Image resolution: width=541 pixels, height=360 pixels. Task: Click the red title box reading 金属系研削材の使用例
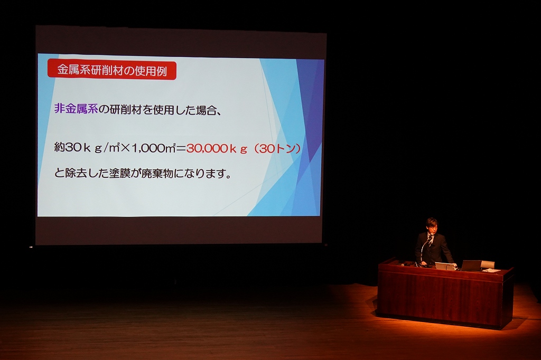[112, 70]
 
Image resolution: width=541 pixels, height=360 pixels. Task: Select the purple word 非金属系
[76, 109]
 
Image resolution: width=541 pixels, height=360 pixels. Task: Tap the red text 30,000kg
[217, 149]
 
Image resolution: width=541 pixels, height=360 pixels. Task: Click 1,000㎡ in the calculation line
[154, 148]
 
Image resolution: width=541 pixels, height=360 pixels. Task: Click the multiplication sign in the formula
[126, 148]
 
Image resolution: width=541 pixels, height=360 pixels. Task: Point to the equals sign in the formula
[181, 149]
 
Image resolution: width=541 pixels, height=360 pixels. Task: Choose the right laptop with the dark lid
[471, 266]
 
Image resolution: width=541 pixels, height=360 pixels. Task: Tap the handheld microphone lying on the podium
[404, 264]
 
